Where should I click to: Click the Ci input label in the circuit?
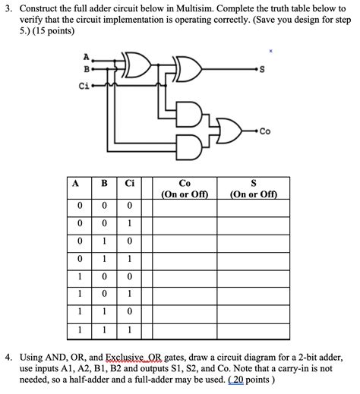85,86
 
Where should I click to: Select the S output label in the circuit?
262,73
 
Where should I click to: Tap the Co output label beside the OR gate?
264,131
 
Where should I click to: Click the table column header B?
104,184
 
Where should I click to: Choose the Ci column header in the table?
130,184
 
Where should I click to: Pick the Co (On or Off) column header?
185,188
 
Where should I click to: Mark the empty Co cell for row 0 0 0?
185,206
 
